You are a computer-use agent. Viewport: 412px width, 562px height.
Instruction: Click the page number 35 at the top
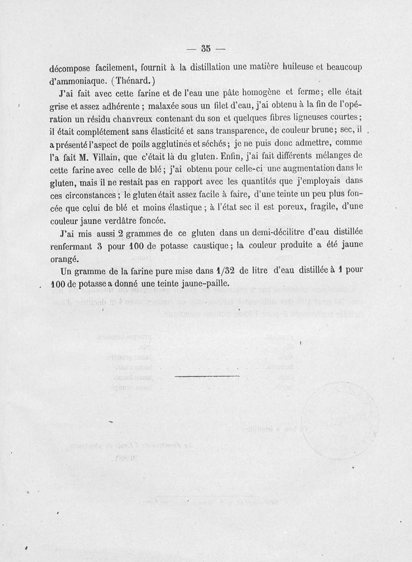click(x=206, y=49)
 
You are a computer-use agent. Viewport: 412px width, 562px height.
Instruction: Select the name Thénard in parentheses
click(x=135, y=80)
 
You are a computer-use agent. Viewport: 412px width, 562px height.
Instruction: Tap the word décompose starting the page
click(x=72, y=67)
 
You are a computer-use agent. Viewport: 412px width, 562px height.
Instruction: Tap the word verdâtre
click(x=110, y=222)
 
